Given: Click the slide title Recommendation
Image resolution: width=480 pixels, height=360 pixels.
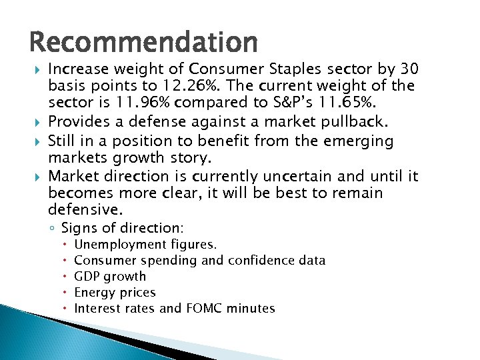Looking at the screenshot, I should coord(143,43).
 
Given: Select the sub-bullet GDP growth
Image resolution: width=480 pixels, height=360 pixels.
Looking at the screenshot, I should coord(110,276).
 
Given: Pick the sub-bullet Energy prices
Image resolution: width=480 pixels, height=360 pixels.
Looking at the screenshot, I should coord(115,292).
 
